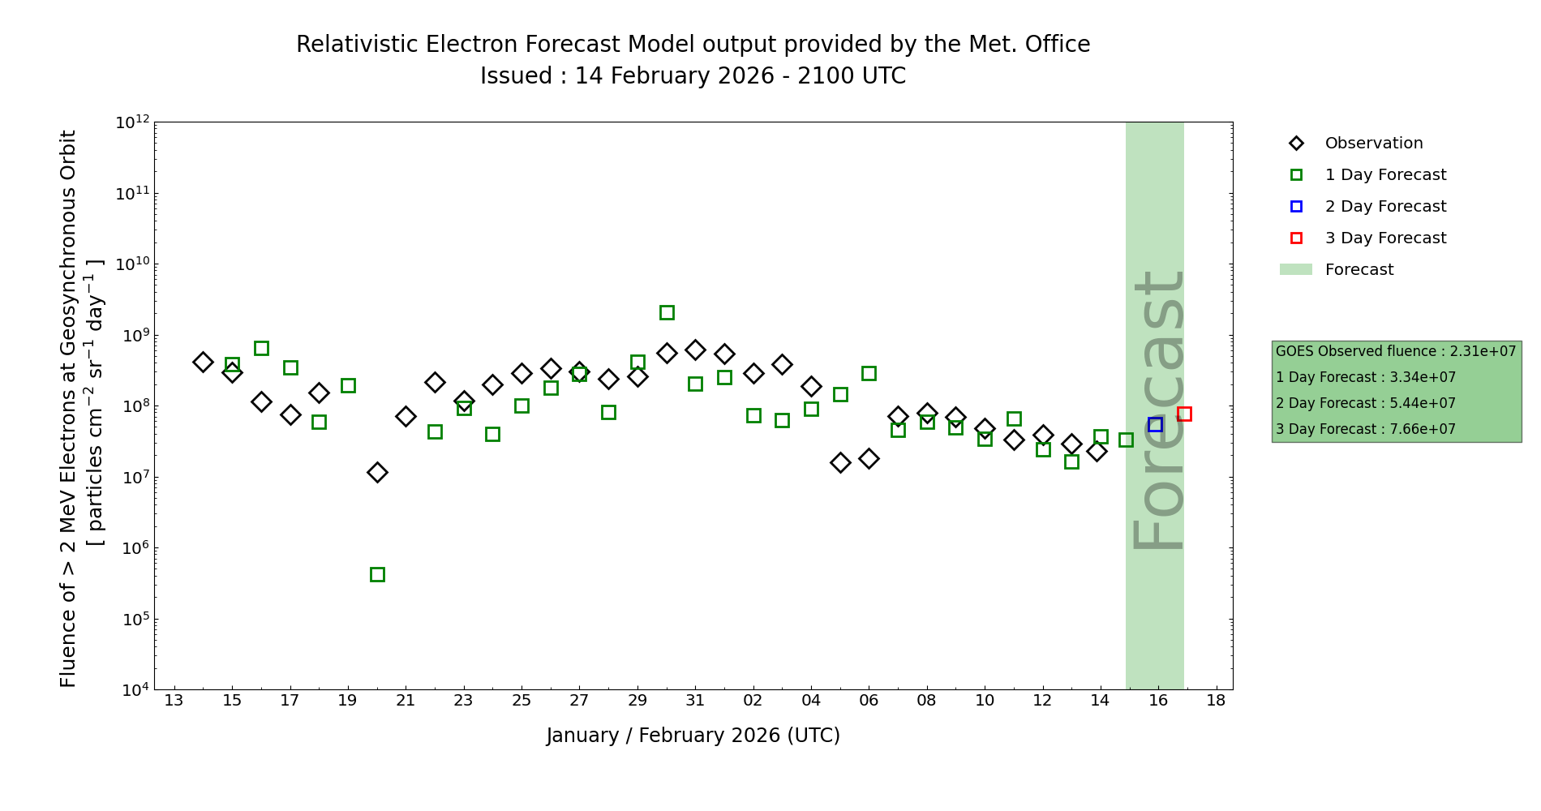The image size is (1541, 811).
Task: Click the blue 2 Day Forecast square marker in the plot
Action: pos(1155,425)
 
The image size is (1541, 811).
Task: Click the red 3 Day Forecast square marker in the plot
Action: pos(1184,414)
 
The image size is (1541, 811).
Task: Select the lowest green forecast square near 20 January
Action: pos(377,574)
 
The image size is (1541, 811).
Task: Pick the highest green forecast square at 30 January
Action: pos(667,312)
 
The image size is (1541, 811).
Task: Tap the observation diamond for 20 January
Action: pos(377,472)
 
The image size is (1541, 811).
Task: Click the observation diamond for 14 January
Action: pos(203,362)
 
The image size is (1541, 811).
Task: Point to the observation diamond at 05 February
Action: pos(840,462)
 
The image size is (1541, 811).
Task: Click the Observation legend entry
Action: pos(1373,144)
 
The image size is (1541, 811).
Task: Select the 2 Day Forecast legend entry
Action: pos(1384,207)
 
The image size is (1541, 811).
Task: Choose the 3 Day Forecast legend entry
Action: pos(1384,238)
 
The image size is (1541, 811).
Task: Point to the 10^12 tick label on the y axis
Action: pos(132,122)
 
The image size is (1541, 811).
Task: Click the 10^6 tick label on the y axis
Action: pos(132,548)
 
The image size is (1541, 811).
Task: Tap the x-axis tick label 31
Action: pos(695,701)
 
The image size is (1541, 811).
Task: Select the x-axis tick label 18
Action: pos(1216,701)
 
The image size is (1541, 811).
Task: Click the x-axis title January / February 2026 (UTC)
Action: pos(693,736)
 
